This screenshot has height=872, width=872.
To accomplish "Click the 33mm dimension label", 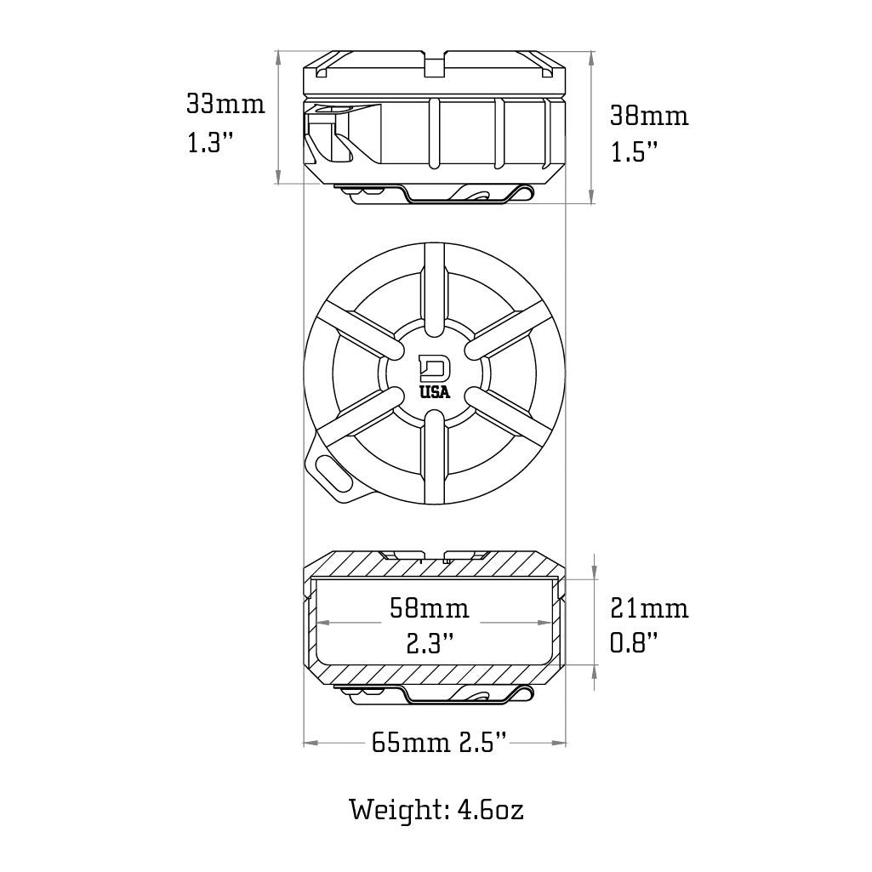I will click(225, 105).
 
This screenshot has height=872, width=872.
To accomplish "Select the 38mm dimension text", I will click(649, 116).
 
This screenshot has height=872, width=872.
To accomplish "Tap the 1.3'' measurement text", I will click(210, 142).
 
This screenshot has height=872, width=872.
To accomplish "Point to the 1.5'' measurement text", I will click(635, 153).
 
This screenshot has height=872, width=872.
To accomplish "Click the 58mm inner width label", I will click(429, 608).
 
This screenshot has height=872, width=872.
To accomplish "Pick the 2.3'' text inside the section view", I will click(429, 644).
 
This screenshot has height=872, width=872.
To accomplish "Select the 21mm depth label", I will click(649, 608).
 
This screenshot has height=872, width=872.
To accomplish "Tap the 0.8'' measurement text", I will click(635, 644).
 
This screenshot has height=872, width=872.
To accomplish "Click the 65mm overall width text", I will click(411, 743).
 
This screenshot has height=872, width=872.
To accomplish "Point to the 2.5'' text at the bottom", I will click(484, 743).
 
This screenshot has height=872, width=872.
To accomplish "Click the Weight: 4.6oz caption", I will click(436, 809).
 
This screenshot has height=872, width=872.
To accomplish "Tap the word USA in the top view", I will click(436, 392).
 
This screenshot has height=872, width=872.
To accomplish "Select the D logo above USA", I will click(436, 368).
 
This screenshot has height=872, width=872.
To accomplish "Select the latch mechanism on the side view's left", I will click(328, 136).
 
